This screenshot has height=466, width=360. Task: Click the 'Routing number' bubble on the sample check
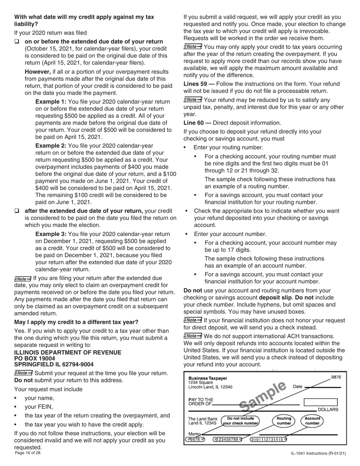point(283,421)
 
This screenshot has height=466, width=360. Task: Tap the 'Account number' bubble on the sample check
point(312,421)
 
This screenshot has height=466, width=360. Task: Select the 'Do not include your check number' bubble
point(241,421)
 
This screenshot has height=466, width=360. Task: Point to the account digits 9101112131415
point(268,439)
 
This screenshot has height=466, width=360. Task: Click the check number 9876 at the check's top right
point(336,377)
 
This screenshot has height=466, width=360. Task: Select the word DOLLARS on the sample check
point(328,410)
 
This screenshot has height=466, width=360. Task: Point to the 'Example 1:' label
point(51,102)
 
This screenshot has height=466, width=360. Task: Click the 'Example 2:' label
point(51,145)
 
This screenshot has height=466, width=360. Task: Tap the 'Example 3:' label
point(51,234)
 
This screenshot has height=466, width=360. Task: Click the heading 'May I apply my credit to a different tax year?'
point(76,322)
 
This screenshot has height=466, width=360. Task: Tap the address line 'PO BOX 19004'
point(34,358)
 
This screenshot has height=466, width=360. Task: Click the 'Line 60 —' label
point(197,123)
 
